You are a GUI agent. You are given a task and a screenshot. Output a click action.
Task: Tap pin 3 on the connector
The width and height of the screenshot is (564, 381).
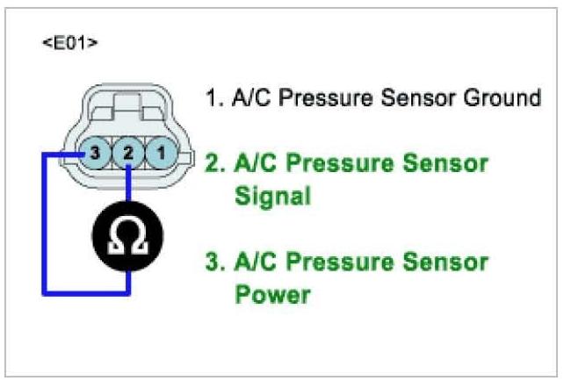click(x=96, y=153)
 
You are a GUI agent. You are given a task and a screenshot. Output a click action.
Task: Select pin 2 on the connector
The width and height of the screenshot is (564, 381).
click(x=128, y=153)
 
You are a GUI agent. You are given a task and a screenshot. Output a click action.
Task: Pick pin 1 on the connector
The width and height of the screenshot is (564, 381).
click(x=160, y=153)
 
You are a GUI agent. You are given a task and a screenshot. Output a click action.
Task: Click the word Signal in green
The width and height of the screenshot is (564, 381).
click(x=272, y=196)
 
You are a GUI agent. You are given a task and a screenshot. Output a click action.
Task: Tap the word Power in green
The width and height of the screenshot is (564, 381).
click(x=272, y=294)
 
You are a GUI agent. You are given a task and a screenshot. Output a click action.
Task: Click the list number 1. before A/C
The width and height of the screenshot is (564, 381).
click(x=213, y=97)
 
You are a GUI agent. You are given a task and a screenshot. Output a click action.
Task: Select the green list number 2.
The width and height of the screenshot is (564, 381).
click(x=213, y=163)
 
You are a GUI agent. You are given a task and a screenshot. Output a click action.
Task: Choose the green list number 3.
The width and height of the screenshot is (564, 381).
click(x=213, y=262)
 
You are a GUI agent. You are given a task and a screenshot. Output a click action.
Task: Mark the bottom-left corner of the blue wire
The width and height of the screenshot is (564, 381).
click(x=43, y=293)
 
